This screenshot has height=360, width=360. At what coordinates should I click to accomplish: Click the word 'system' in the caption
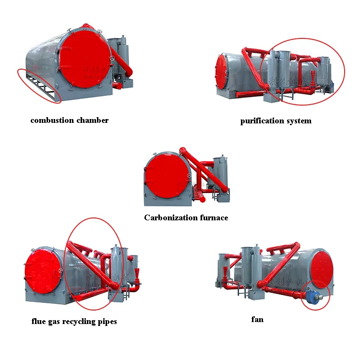[x=299, y=121]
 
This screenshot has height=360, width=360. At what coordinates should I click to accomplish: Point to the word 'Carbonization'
[x=168, y=217]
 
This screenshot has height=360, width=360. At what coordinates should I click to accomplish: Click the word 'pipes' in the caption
[x=106, y=321]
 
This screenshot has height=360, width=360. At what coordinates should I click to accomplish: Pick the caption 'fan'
[x=257, y=319]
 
